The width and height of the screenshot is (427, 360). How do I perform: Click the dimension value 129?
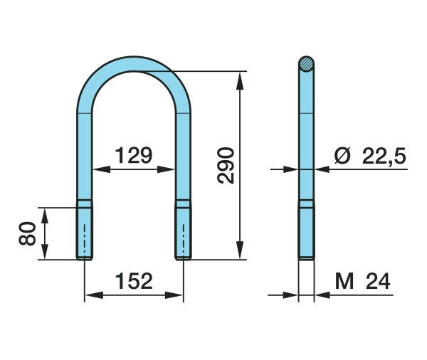134,155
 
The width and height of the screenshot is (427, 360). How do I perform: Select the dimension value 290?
226,166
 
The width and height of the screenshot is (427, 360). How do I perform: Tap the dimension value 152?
134,281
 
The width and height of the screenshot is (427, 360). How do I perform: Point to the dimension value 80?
28,233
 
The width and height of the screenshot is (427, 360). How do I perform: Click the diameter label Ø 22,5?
370,156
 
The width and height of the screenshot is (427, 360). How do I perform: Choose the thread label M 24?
362,281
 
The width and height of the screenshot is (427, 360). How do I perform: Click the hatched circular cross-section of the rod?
306,64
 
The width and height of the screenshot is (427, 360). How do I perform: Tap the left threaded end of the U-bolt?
85,233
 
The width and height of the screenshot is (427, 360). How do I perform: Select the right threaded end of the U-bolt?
184,233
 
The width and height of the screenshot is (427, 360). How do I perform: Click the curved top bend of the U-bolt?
134,64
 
